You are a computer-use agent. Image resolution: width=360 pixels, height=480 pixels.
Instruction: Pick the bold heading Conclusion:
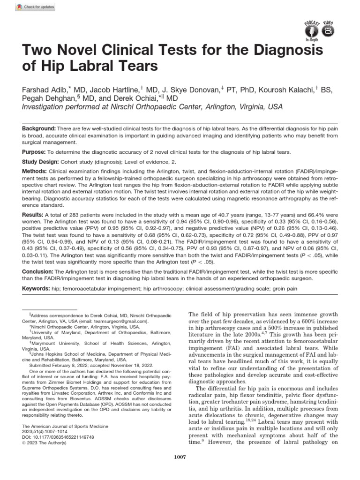coord(38,272)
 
